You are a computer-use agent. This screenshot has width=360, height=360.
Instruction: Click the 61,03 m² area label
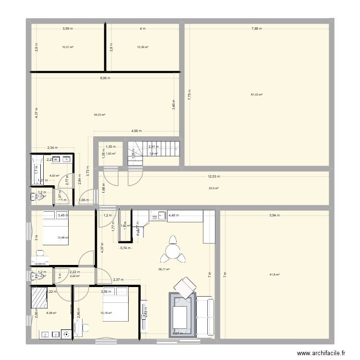click(x=257, y=95)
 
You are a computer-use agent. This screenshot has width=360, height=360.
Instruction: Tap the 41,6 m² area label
click(x=274, y=275)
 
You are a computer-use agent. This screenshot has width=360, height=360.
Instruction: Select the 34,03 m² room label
click(x=99, y=115)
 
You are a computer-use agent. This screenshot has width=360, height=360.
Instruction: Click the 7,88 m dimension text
click(x=257, y=29)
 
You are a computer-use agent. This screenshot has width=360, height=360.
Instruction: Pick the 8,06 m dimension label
click(x=104, y=78)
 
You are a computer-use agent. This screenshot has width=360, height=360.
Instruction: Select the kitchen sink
click(x=158, y=216)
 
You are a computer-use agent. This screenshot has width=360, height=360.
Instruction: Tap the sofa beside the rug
click(x=207, y=315)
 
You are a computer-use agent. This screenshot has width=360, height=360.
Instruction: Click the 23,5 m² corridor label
click(x=214, y=189)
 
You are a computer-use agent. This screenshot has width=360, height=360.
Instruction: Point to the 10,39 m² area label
click(x=143, y=47)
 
